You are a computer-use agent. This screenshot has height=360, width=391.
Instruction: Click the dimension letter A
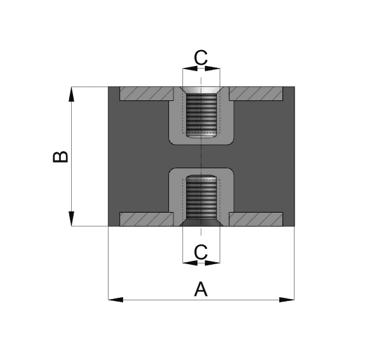tap(201, 289)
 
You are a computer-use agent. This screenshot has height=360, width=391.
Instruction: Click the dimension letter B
tap(60, 157)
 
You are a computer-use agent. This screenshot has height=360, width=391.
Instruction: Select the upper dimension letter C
tap(201, 58)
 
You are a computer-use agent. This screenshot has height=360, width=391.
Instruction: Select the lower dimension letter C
tap(201, 252)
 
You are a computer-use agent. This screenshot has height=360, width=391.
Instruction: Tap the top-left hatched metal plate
tap(147, 93)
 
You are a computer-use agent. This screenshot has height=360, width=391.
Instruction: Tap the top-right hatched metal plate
tap(256, 93)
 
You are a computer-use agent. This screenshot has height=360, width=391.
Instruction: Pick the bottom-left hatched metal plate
tap(147, 219)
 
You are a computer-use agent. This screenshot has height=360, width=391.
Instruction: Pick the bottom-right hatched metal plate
tap(256, 219)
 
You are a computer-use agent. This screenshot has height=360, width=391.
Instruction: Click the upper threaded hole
tap(201, 114)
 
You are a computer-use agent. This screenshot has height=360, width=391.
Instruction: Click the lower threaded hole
tap(201, 197)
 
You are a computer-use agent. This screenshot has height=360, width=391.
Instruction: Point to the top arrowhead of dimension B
tap(71, 94)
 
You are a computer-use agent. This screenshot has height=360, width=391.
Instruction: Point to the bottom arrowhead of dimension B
tap(71, 219)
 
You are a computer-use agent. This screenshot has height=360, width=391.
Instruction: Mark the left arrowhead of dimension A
tap(116, 300)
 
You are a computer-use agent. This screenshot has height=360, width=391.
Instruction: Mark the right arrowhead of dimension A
tap(287, 300)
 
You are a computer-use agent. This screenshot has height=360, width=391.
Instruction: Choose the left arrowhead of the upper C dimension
tap(190, 68)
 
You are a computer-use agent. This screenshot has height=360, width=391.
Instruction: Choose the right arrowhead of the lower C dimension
tap(213, 263)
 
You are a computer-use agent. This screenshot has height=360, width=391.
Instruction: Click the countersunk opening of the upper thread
tap(201, 90)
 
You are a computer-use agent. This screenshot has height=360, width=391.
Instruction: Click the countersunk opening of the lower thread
tap(201, 223)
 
